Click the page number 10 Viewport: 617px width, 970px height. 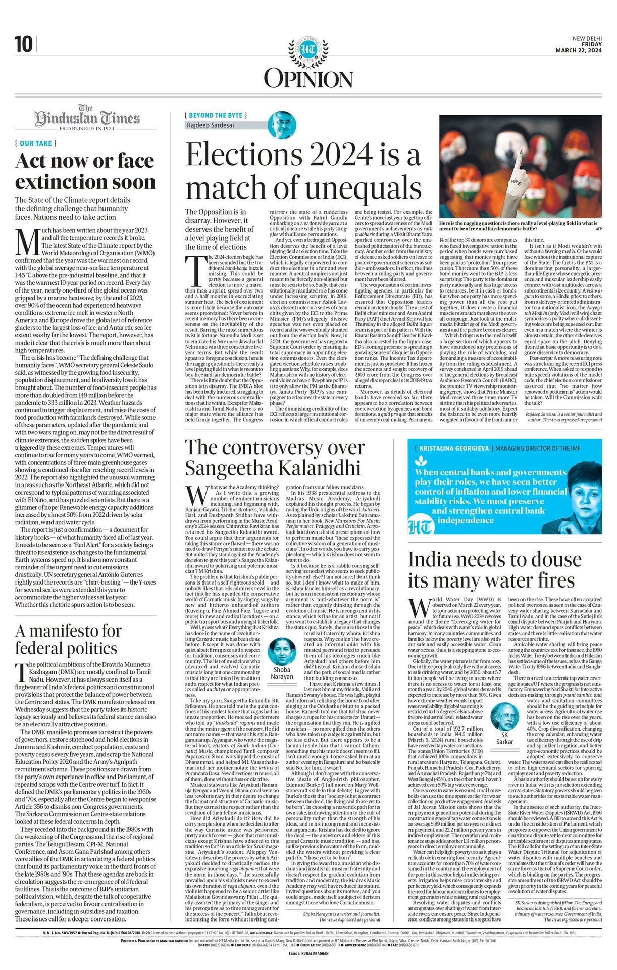pos(23,44)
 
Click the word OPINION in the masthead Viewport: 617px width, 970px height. pos(308,79)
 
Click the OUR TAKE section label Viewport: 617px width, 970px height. pos(36,143)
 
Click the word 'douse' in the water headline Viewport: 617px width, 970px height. pos(554,560)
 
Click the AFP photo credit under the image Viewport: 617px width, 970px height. pos(599,229)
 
